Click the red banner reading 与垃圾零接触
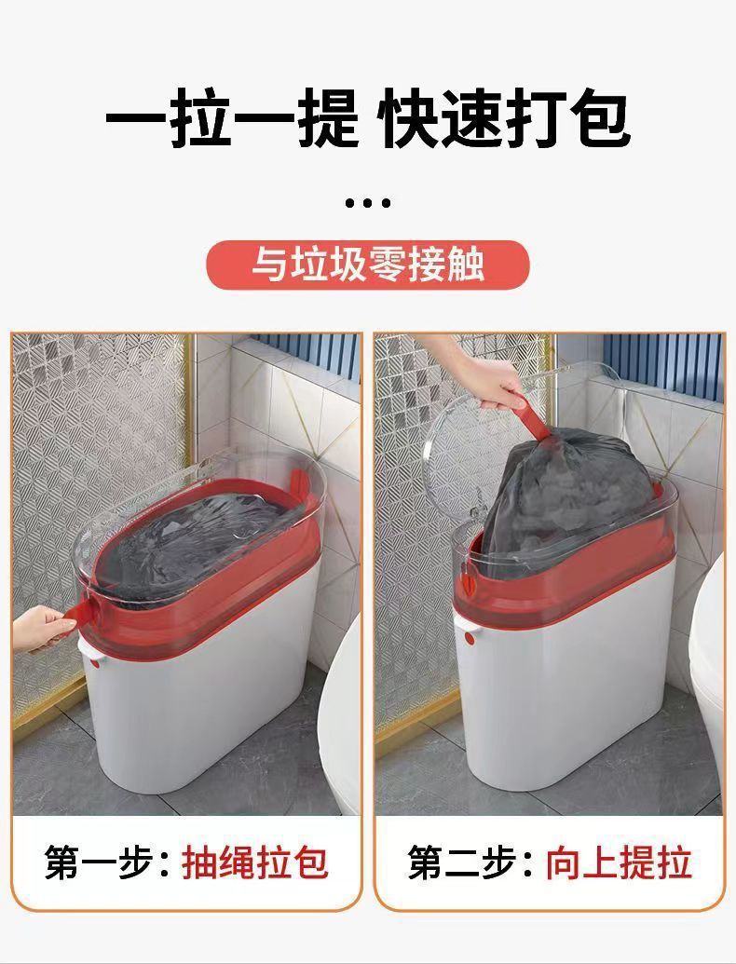click(367, 264)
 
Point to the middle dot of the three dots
click(367, 202)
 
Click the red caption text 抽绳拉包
click(254, 862)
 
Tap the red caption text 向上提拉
click(619, 862)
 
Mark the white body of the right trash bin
click(568, 708)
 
